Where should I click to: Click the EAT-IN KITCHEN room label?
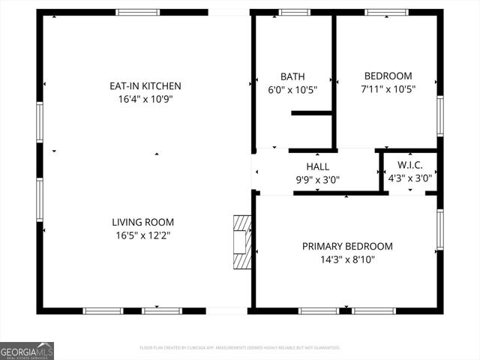tap(145, 86)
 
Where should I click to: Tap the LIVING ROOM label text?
tap(142, 222)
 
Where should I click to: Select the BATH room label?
tap(292, 76)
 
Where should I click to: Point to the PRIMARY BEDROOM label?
tap(347, 246)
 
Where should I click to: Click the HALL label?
tap(317, 166)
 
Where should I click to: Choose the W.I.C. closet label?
tap(410, 165)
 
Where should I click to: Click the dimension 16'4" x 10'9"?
tap(145, 99)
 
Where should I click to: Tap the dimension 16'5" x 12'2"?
tap(142, 235)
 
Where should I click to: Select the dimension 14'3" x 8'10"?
tap(347, 259)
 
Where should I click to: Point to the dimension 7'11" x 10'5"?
tap(388, 89)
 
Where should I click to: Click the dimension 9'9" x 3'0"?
tap(317, 179)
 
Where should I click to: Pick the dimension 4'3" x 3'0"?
tap(410, 178)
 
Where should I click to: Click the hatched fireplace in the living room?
tap(241, 242)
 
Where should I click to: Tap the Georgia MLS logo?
tap(27, 351)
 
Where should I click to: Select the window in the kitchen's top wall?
tap(137, 12)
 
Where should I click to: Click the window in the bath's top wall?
tap(295, 12)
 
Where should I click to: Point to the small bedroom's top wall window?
tap(386, 12)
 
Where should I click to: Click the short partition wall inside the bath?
tap(311, 113)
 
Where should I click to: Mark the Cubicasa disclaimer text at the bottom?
tap(240, 348)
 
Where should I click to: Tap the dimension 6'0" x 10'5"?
tap(292, 89)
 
